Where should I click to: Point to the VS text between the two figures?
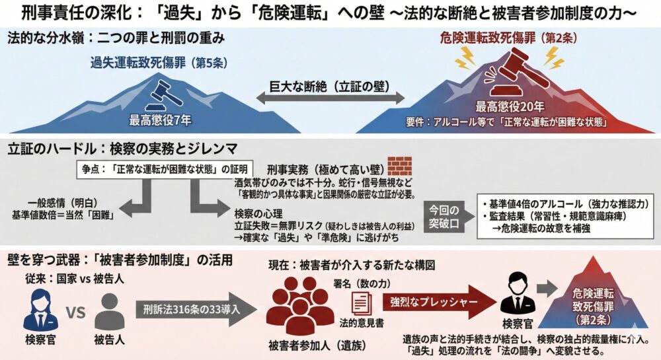click(x=77, y=311)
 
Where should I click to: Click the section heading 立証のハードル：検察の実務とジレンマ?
click(x=121, y=146)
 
